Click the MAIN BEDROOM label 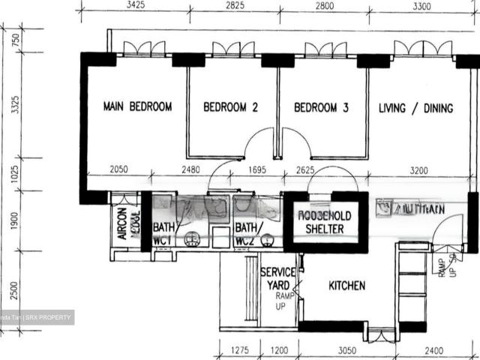(x=137, y=106)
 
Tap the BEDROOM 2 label (x=231, y=107)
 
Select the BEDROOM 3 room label (x=321, y=107)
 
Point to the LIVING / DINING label (x=415, y=108)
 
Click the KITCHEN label (x=346, y=286)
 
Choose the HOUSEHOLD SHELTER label (x=325, y=222)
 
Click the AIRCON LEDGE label (x=128, y=223)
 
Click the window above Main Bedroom (x=144, y=50)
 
